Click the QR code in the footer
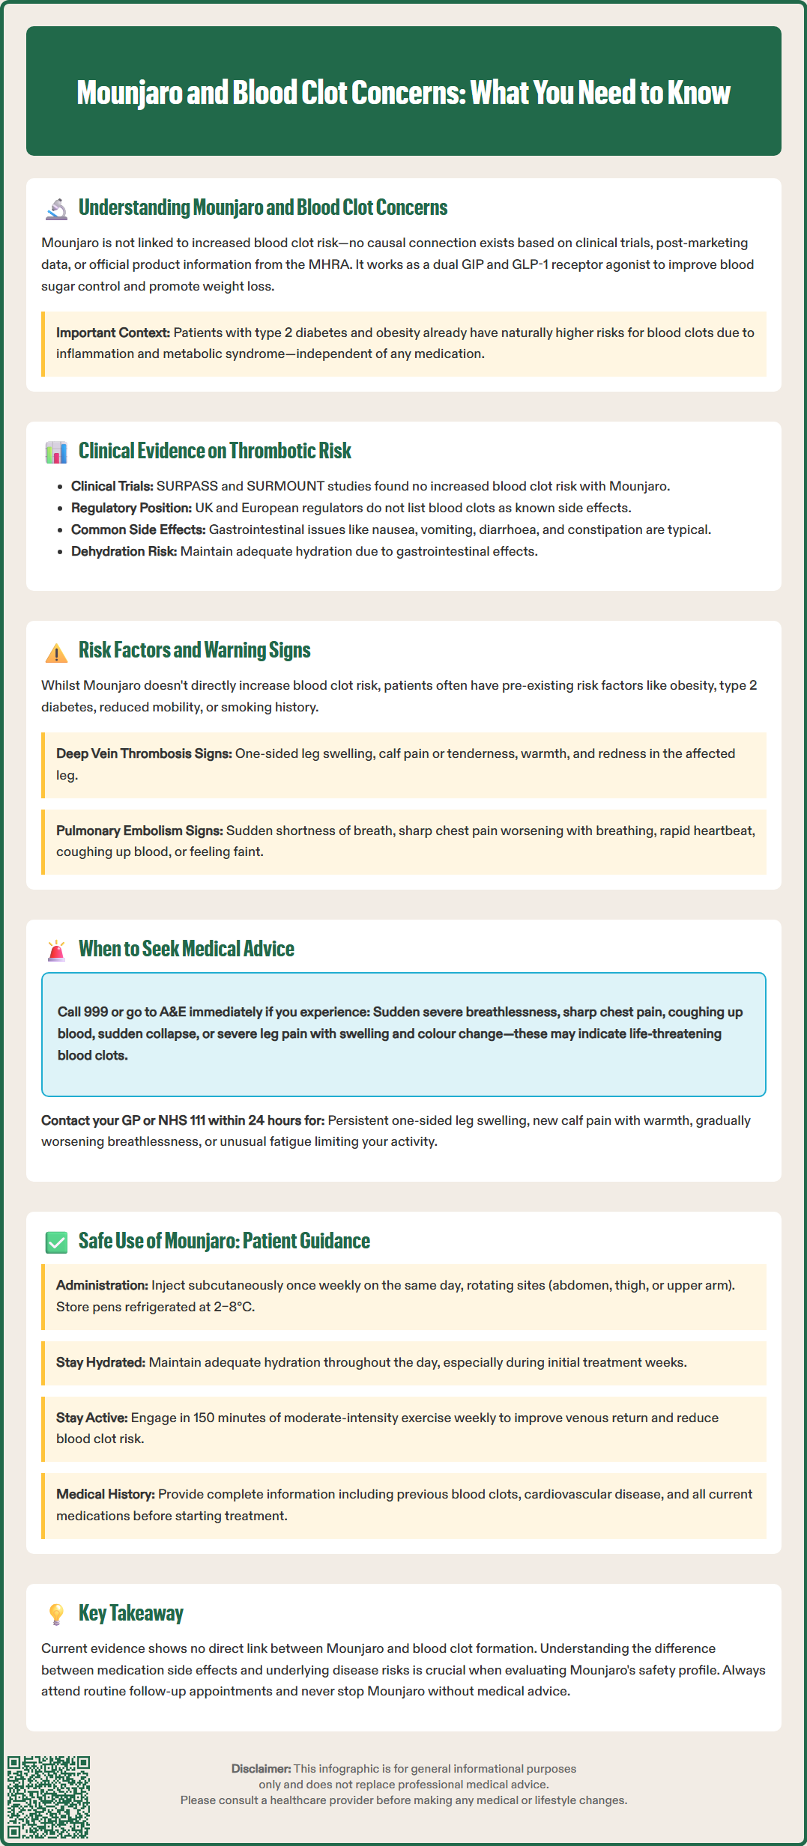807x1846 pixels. tap(49, 1797)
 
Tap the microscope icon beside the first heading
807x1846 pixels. tap(56, 208)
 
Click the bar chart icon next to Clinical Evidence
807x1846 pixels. tap(56, 452)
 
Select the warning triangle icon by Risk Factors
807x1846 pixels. tap(56, 652)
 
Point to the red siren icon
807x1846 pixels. tap(56, 950)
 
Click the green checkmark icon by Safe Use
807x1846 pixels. tap(56, 1242)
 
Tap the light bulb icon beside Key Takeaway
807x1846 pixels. tap(56, 1614)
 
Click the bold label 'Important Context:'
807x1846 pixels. tap(113, 333)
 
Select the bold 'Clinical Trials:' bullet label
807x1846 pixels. tap(112, 486)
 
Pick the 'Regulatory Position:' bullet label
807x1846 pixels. tap(131, 508)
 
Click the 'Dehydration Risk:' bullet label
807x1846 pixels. tap(124, 551)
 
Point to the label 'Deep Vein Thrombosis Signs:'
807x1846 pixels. tap(144, 753)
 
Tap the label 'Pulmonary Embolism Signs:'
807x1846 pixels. tap(139, 831)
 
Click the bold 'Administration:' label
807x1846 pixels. tap(102, 1285)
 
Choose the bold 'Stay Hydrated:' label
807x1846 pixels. tap(100, 1362)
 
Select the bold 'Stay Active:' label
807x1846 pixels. tap(91, 1418)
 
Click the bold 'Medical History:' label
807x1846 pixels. tap(106, 1494)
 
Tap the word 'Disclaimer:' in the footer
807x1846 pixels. tap(261, 1769)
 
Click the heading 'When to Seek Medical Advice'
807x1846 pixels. tap(187, 949)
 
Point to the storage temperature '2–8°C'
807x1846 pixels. tap(233, 1307)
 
